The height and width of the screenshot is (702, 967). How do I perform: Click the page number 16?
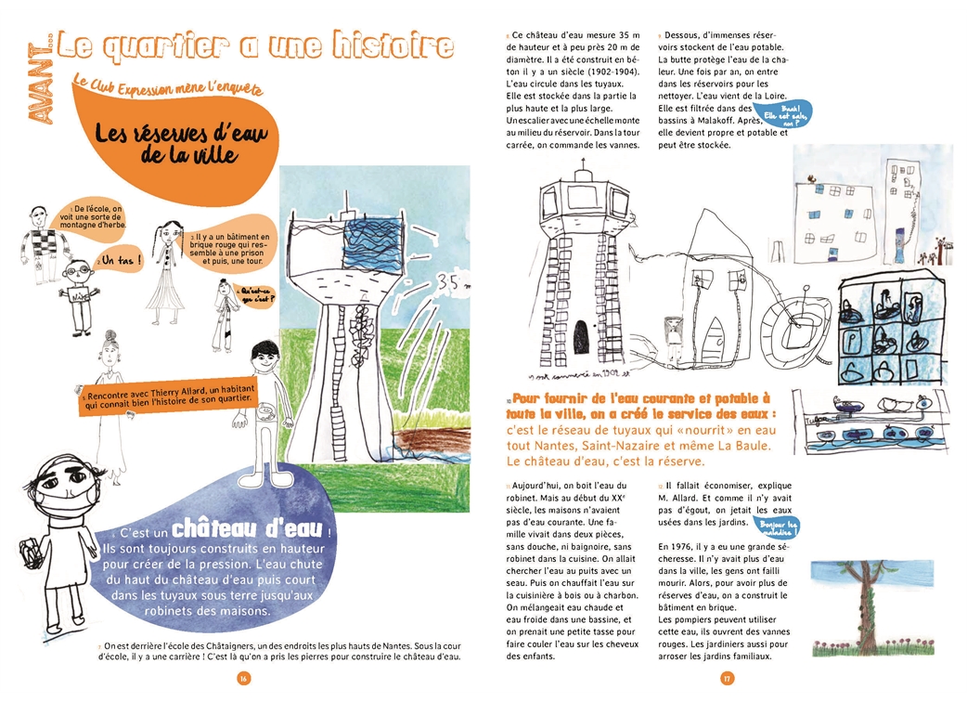click(x=243, y=678)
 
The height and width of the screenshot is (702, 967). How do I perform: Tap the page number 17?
click(x=727, y=678)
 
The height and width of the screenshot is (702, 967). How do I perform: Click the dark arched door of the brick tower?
click(x=580, y=335)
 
